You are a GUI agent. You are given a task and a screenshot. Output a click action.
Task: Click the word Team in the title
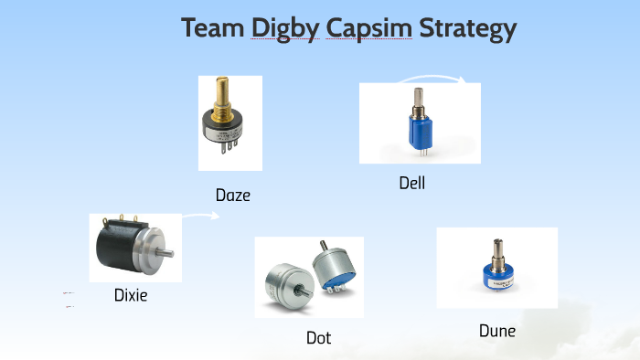(213, 28)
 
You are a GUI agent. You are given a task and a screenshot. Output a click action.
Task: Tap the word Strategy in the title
(467, 29)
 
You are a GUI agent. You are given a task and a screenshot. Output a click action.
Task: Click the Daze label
(232, 195)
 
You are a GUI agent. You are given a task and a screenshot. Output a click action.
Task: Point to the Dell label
(412, 183)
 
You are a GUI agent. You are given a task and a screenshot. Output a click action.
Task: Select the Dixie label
(131, 294)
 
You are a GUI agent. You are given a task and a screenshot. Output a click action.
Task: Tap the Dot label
(318, 338)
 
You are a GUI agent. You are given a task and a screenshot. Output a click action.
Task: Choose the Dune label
(497, 331)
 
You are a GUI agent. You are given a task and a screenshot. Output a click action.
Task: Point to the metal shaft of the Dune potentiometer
(499, 249)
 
